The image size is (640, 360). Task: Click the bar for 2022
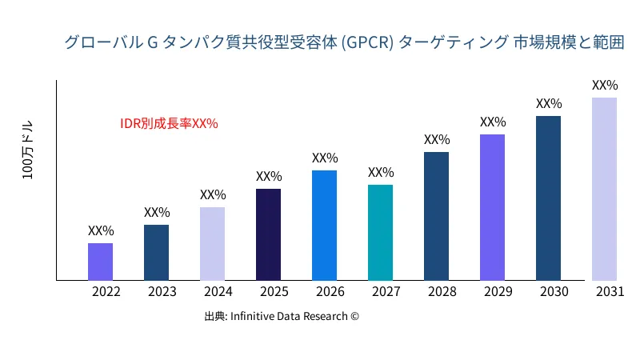(100, 262)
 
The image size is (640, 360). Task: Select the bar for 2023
(156, 253)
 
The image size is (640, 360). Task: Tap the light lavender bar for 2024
(212, 244)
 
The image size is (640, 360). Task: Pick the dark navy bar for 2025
(268, 234)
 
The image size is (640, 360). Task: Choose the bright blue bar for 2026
(324, 226)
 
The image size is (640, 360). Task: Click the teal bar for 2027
(380, 233)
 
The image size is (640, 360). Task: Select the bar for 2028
(436, 216)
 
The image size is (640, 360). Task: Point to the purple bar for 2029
(492, 207)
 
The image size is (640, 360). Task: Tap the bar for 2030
(548, 198)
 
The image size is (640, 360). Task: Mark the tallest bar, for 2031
(604, 189)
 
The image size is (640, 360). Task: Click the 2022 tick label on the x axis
(106, 292)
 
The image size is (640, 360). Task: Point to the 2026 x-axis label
(330, 292)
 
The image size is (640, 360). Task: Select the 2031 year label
(610, 292)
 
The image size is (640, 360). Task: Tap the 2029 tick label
(498, 292)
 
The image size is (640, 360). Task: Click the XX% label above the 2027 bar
(381, 173)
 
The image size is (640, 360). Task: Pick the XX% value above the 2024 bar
(213, 194)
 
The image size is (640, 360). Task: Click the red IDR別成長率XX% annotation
(169, 124)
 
